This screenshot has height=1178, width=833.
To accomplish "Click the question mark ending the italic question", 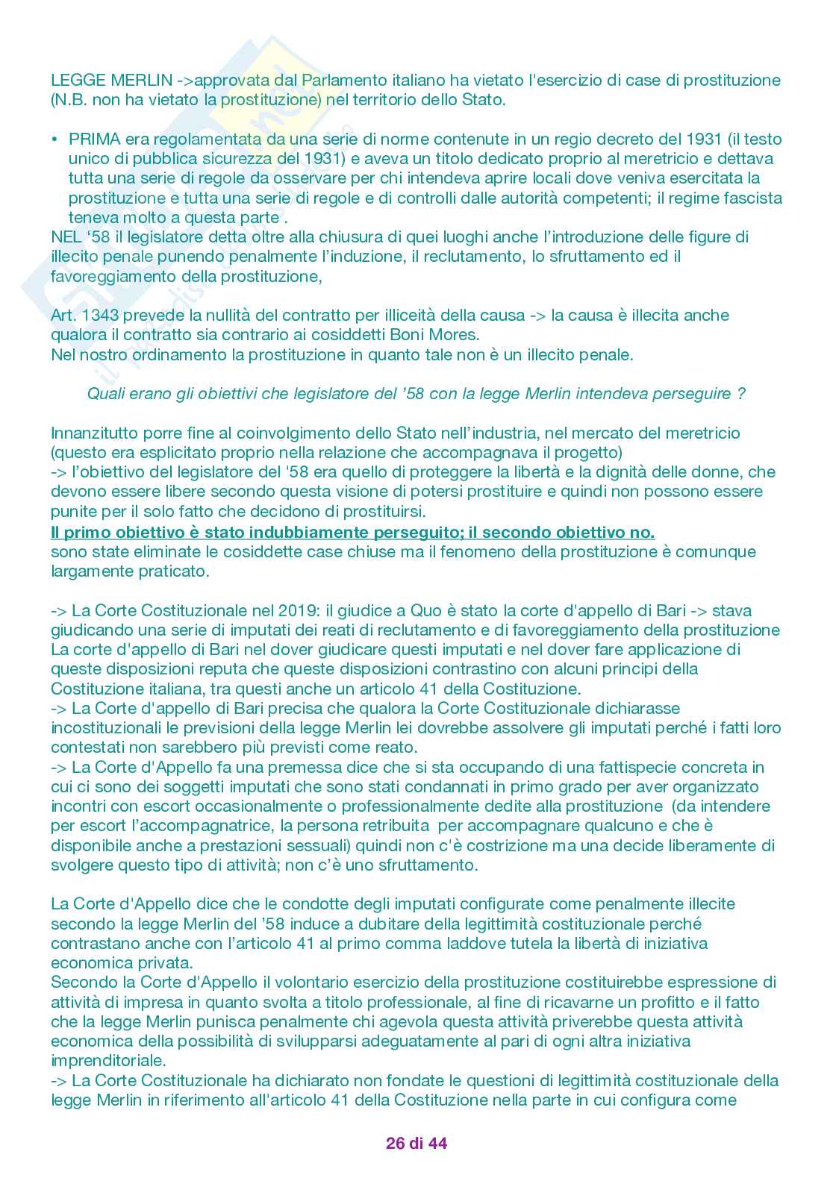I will (x=740, y=394).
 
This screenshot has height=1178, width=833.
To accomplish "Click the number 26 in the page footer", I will (x=395, y=1143).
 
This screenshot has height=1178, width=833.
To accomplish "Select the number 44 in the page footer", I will (x=437, y=1143).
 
